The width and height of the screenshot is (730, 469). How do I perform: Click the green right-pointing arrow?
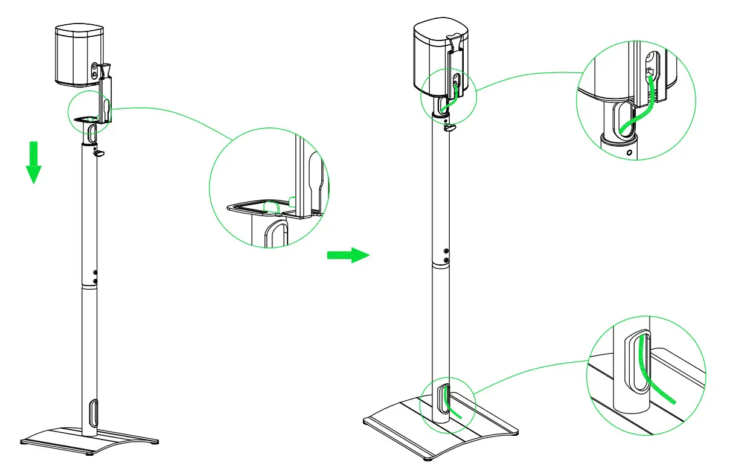(x=348, y=255)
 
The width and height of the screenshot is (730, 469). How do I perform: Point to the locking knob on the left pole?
(x=98, y=153)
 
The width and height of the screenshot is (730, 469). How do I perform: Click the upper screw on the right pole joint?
(x=446, y=251)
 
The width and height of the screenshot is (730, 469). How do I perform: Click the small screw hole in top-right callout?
(x=630, y=154)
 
